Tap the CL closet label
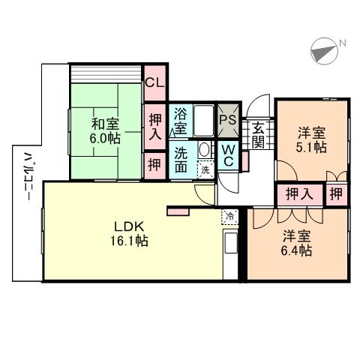155,83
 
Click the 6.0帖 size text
104,139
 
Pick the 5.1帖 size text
310,148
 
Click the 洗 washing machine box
205,170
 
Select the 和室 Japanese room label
105,124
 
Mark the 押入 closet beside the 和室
155,125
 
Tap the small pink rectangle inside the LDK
179,213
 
